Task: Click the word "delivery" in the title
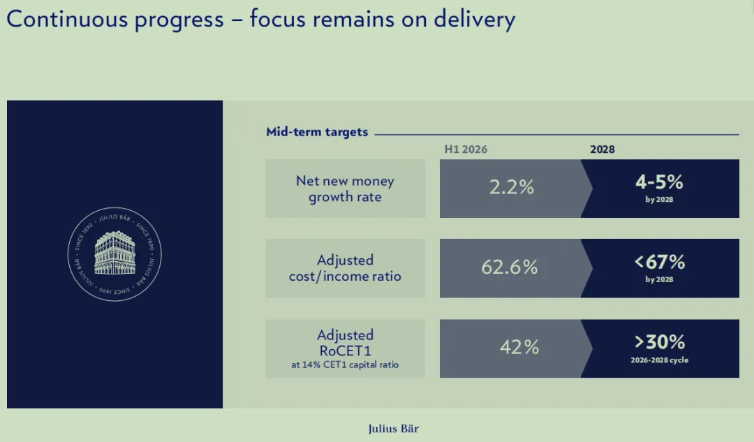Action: [474, 20]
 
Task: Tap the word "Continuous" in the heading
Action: [67, 20]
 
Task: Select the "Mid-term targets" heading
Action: [317, 132]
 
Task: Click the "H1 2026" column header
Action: [466, 149]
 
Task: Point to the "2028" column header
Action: [602, 149]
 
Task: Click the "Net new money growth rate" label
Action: [346, 189]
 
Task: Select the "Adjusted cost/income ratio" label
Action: [345, 268]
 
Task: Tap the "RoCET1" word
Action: [346, 351]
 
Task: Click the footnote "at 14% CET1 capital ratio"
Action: [345, 364]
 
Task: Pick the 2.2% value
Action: [512, 187]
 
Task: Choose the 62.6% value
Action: [509, 267]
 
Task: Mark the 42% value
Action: [519, 347]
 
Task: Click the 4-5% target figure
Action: [659, 182]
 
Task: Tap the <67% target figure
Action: [659, 262]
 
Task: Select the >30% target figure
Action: [659, 342]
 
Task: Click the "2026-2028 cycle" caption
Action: [659, 360]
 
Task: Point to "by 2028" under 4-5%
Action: [659, 199]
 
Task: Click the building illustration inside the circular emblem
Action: [114, 253]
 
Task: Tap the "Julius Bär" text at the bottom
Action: [393, 429]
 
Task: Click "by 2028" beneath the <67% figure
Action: [659, 279]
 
